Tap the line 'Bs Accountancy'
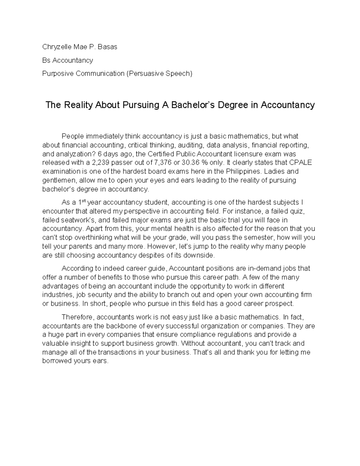[67, 60]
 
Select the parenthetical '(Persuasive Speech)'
[159, 74]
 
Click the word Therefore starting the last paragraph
[78, 317]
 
